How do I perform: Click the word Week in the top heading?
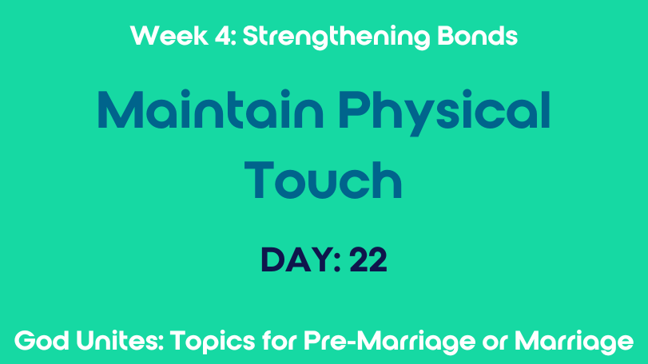point(169,36)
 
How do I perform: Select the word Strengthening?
point(336,38)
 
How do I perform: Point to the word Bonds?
point(477,35)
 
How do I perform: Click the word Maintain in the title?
point(210,109)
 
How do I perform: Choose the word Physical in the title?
point(444,113)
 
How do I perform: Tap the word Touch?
point(323,180)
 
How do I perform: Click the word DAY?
point(296,259)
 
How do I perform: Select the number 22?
point(368,259)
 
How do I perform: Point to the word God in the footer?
point(42,341)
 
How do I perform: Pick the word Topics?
point(213,342)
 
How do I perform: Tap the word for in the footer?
point(280,341)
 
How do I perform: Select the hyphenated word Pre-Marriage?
point(390,342)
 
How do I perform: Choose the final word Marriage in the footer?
point(574,342)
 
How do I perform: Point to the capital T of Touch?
point(259,180)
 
